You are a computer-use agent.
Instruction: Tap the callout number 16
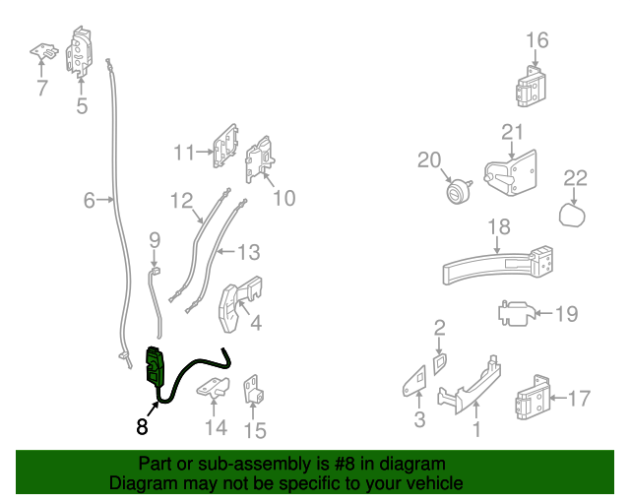[536, 40]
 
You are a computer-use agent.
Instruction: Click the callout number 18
[499, 227]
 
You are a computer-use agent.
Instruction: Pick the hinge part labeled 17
[533, 399]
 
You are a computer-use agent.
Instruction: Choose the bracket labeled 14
[214, 389]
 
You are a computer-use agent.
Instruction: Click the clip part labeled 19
[515, 315]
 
